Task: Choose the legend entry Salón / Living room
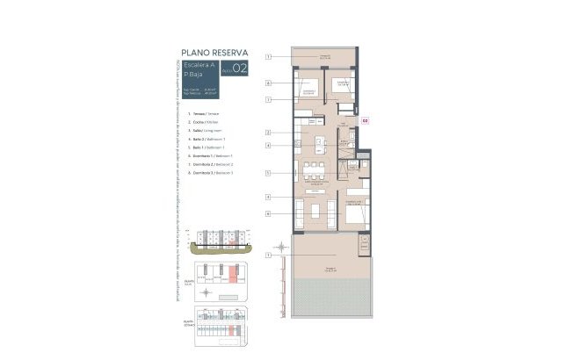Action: pos(207,130)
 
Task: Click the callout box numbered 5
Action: pos(268,173)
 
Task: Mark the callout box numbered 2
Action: pos(268,133)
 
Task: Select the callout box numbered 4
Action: pos(268,145)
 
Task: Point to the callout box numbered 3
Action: pos(268,197)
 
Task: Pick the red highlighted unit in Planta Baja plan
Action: pos(232,275)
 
